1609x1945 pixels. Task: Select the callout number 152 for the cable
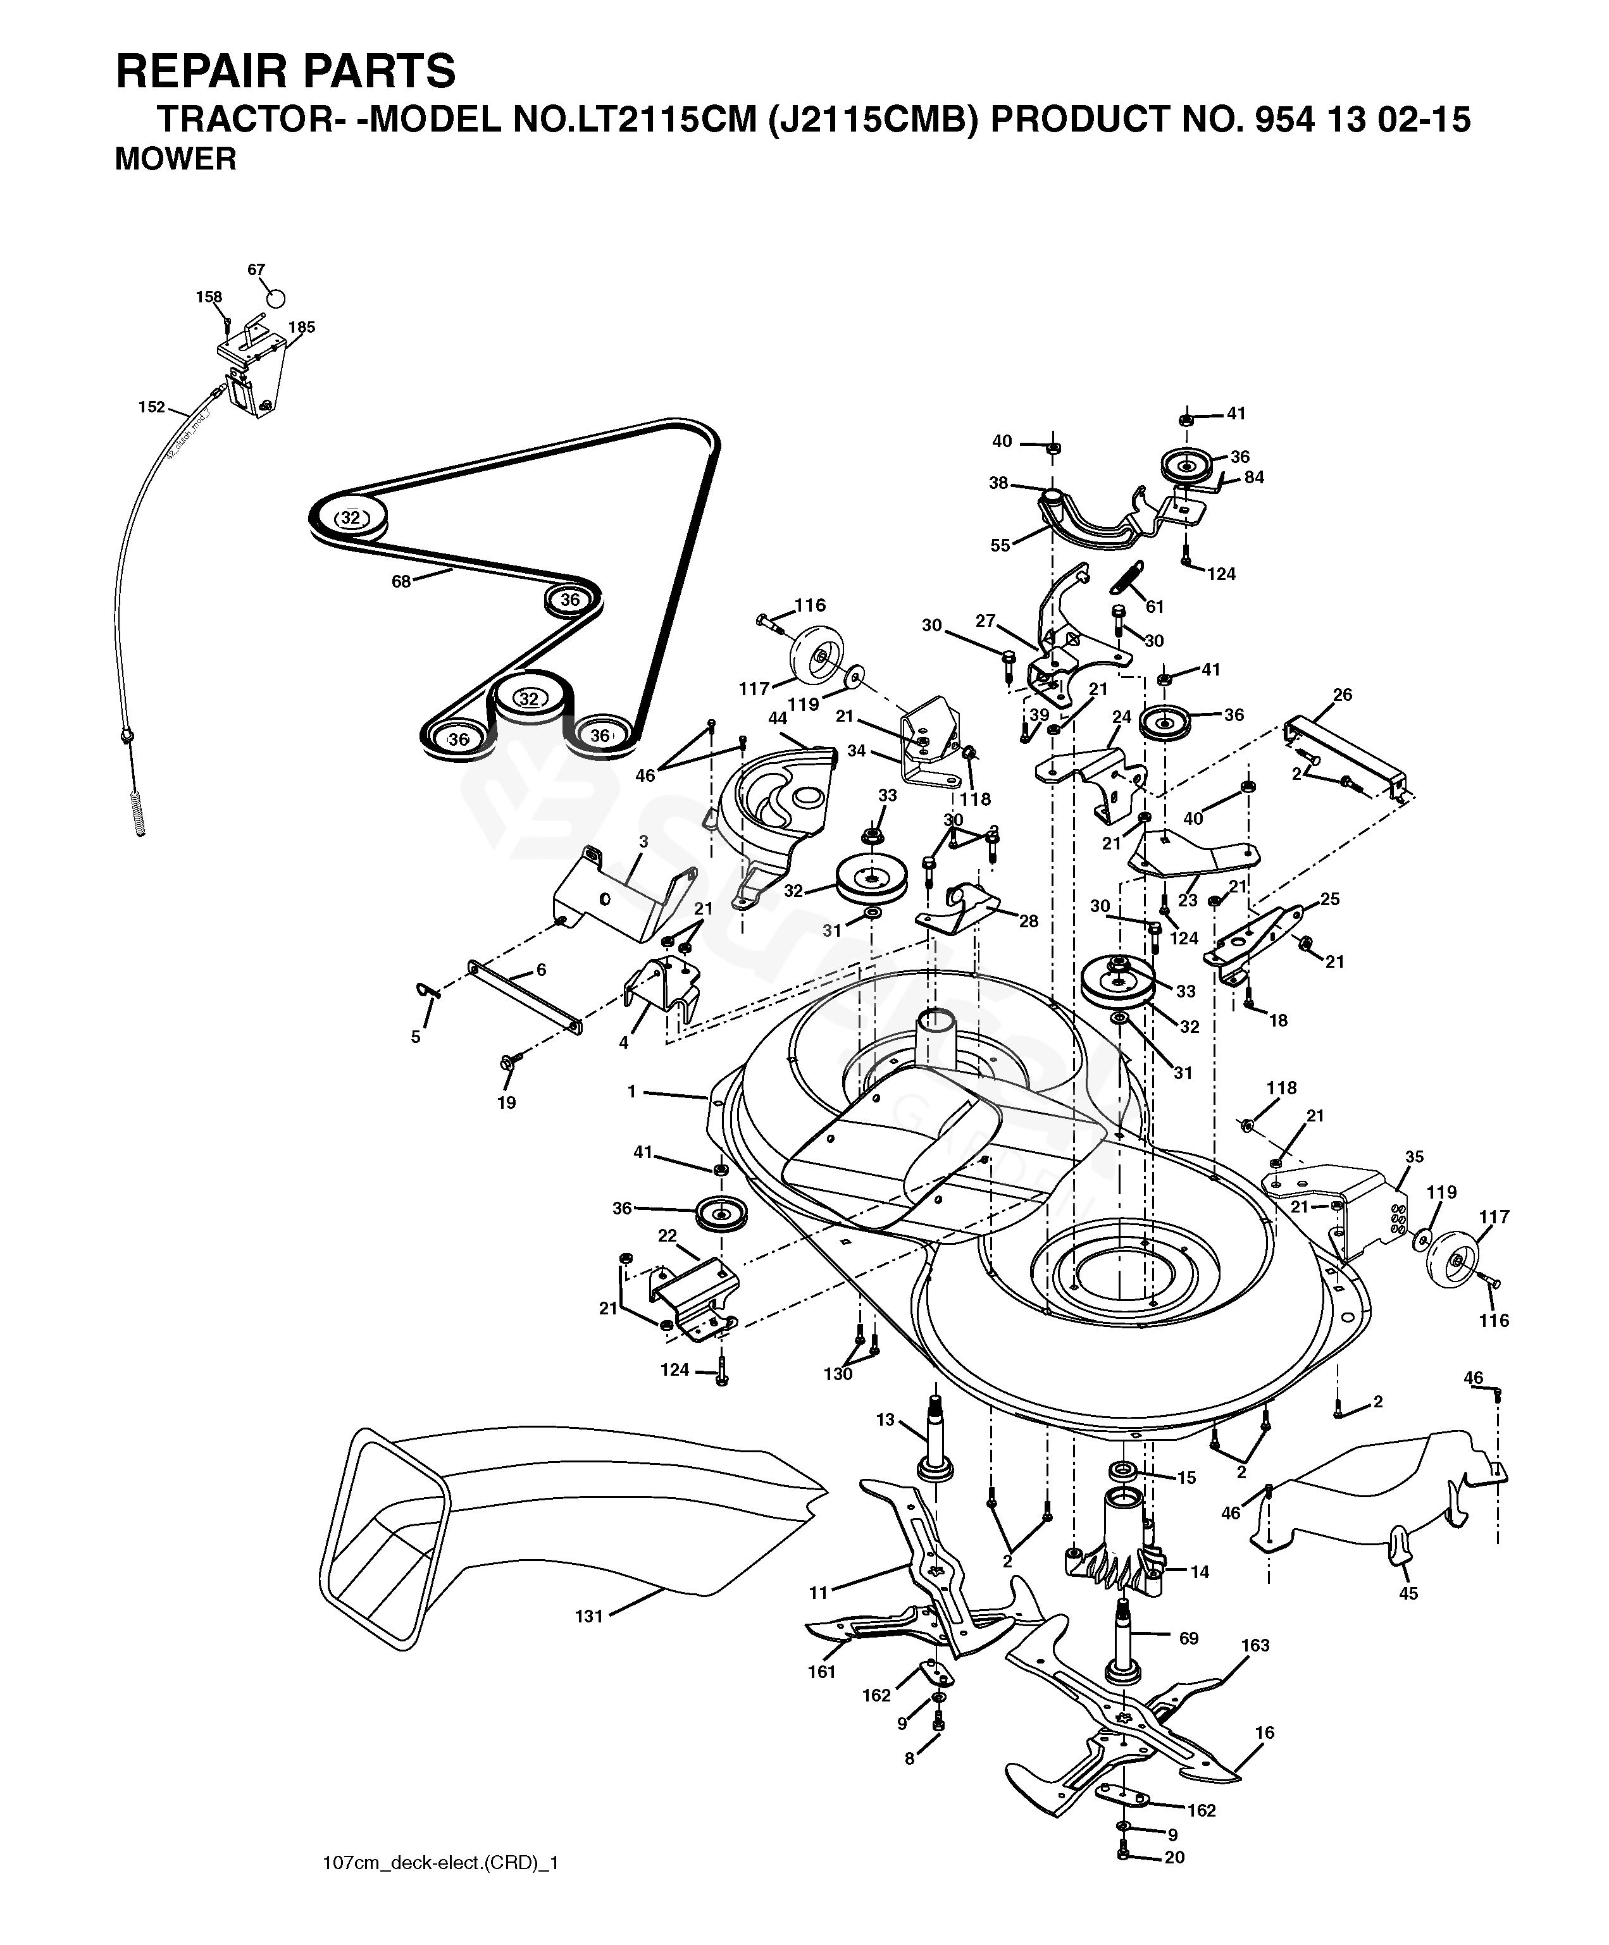point(151,407)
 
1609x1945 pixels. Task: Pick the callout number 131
point(589,1616)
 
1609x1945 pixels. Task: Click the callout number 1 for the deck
point(631,1092)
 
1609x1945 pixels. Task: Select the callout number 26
point(1342,695)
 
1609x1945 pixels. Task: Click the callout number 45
point(1408,1593)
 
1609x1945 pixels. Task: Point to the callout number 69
point(1188,1638)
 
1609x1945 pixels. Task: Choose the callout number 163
point(1255,1645)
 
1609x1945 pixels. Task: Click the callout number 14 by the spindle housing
point(1200,1572)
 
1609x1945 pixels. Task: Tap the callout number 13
point(886,1420)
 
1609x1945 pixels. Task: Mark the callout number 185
point(301,327)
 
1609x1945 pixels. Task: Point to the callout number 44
point(777,718)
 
